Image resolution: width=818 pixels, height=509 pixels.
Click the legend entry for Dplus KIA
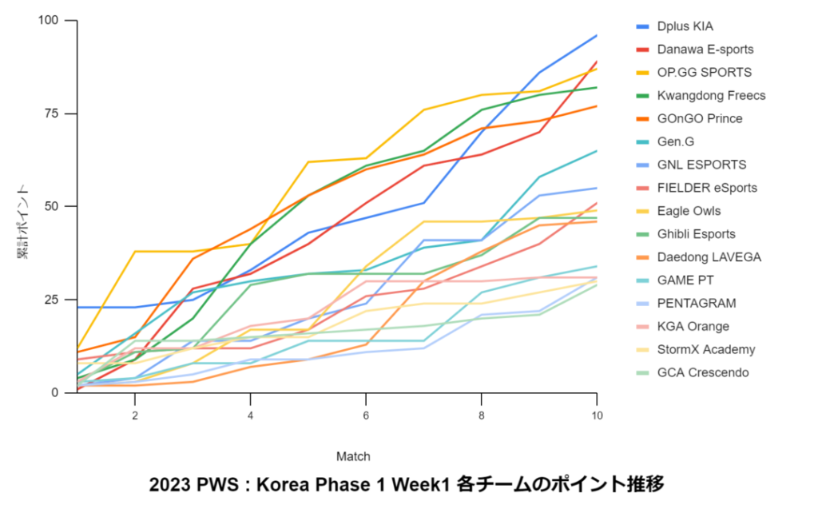coord(685,26)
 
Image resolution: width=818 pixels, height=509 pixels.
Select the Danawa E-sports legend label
coord(705,50)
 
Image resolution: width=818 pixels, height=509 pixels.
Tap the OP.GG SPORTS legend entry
coord(704,73)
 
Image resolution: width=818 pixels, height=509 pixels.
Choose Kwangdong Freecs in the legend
coord(711,96)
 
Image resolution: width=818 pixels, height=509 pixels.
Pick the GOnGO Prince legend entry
coord(700,119)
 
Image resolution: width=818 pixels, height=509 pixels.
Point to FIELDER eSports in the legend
coord(707,188)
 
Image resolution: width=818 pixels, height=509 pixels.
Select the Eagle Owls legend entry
coord(689,211)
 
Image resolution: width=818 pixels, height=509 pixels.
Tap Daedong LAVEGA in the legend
coord(709,257)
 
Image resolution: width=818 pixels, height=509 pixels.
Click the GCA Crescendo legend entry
coord(703,373)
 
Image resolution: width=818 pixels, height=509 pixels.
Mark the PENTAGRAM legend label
coord(696,304)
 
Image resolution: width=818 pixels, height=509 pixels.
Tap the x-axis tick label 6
coord(366,416)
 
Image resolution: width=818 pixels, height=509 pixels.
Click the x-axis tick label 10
coord(596,416)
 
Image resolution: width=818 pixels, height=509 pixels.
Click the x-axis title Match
coord(353,456)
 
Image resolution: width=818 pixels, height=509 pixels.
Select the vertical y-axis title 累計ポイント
coord(23,222)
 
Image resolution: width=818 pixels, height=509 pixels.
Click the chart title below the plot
coord(407,485)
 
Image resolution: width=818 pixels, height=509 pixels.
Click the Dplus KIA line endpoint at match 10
coord(597,35)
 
